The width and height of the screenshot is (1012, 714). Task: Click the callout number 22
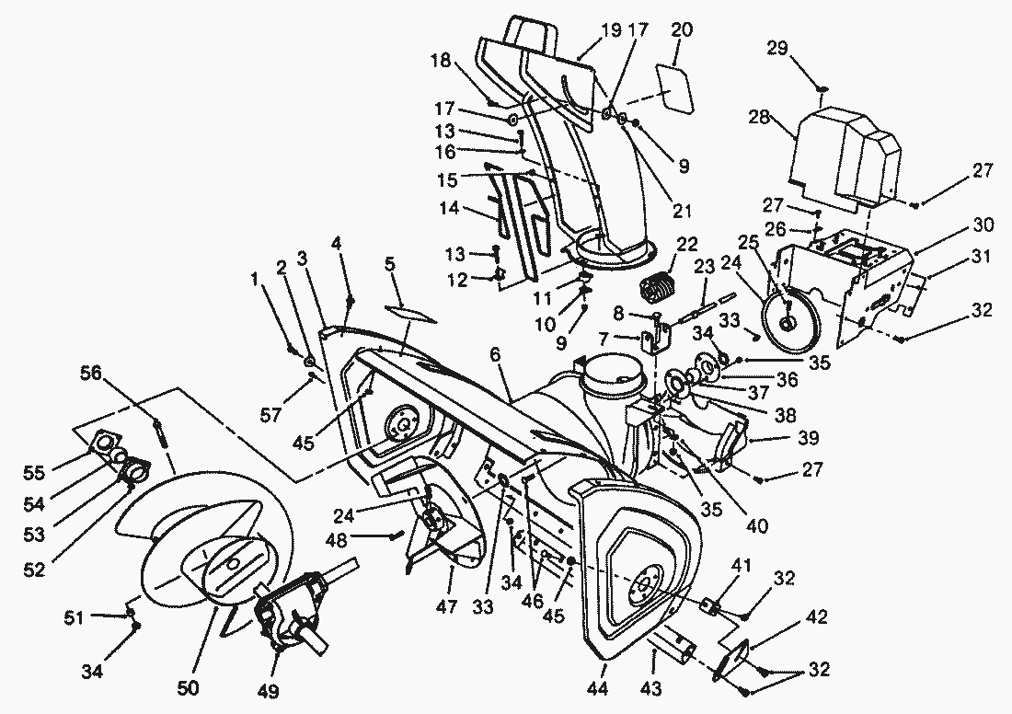687,244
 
